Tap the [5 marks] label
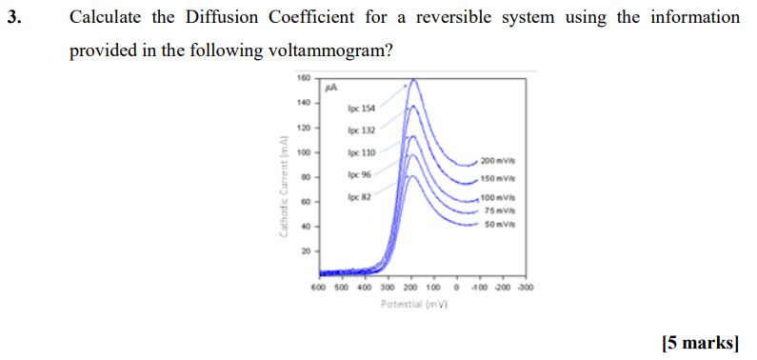pyautogui.click(x=699, y=343)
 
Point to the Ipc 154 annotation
pyautogui.click(x=362, y=109)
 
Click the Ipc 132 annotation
pyautogui.click(x=362, y=130)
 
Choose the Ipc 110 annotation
pyautogui.click(x=362, y=152)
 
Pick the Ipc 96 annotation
pyautogui.click(x=360, y=174)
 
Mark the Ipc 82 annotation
pyautogui.click(x=360, y=196)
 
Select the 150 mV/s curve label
pyautogui.click(x=498, y=179)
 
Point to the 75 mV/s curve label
pyautogui.click(x=499, y=210)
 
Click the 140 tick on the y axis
pyautogui.click(x=304, y=103)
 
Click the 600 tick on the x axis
pyautogui.click(x=318, y=287)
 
